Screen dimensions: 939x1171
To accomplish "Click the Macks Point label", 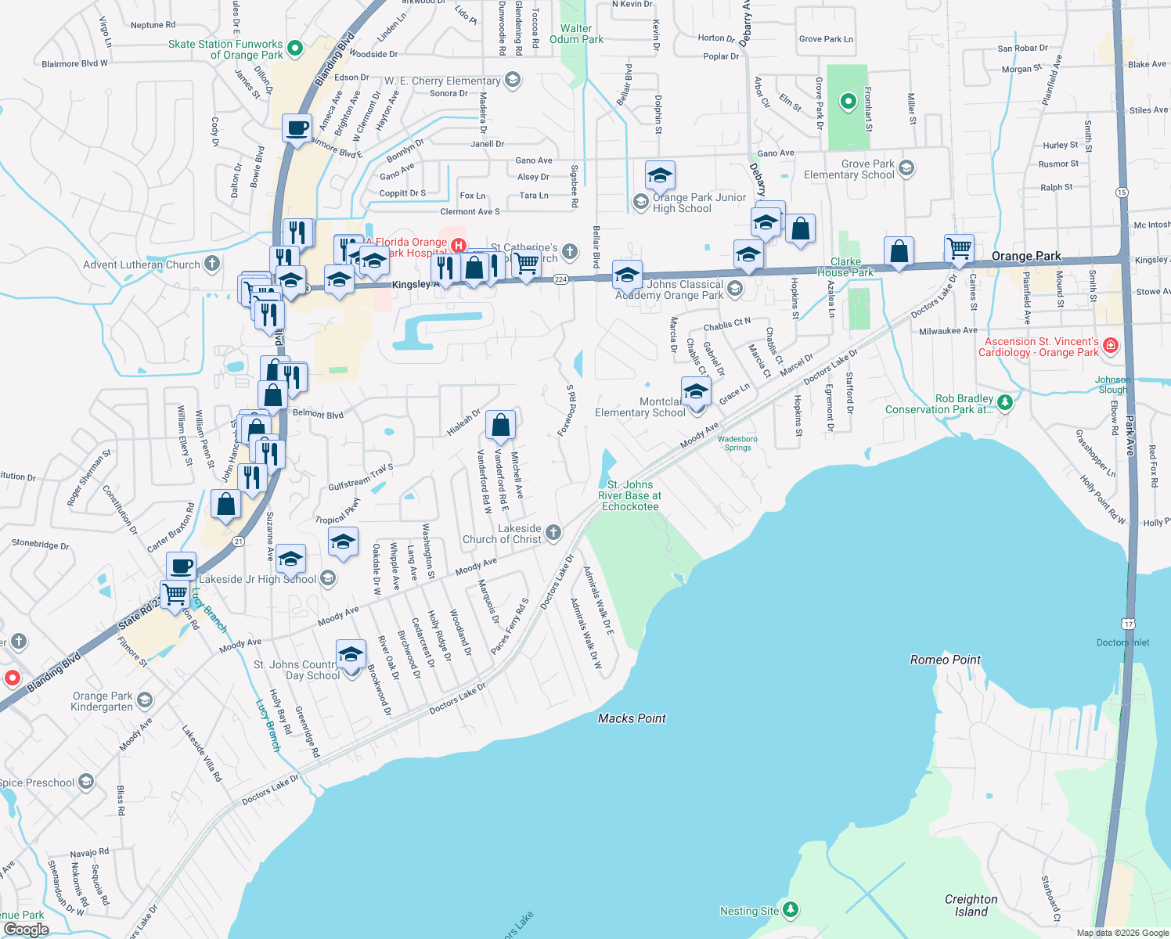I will (632, 718).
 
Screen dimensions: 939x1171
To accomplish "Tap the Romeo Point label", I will (945, 660).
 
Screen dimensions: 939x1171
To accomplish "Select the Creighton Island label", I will (971, 905).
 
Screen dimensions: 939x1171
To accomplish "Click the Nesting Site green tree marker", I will (791, 909).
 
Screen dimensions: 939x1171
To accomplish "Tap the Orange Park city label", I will (1025, 256).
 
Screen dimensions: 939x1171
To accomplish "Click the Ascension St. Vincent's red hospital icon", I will (1110, 345).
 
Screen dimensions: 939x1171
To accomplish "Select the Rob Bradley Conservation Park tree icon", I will (1005, 402).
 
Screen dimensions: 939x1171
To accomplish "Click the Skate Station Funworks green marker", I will (295, 49).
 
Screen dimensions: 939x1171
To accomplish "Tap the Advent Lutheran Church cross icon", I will (212, 264).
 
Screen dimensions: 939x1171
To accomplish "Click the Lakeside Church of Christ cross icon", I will (553, 533).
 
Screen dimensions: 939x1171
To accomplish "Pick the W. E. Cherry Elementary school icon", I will (513, 80).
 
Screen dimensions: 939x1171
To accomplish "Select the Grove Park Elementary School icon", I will (906, 168).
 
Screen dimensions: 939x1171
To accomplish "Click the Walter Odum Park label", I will (576, 34).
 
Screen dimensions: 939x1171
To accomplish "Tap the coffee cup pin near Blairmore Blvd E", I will (297, 128).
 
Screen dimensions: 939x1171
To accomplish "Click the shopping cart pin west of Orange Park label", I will (959, 248).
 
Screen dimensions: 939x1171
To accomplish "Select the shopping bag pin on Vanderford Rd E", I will (500, 425).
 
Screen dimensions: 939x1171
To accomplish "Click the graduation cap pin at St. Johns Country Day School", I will (351, 654).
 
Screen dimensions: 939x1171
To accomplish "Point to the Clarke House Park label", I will (845, 267).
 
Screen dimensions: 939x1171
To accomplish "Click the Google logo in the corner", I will (27, 929).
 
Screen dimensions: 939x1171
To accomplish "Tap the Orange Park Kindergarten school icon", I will (145, 700).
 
